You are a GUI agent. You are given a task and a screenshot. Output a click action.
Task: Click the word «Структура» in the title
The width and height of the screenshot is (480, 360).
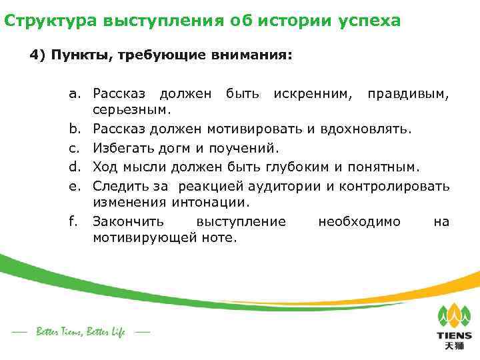click(51, 21)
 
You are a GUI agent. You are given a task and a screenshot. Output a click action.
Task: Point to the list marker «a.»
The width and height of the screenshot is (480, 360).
click(75, 94)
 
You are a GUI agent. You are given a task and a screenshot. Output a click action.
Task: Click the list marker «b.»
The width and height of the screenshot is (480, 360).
click(75, 127)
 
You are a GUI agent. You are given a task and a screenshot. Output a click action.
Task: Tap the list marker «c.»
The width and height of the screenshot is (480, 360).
click(75, 147)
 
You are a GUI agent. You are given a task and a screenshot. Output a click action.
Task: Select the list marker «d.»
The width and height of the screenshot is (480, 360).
click(75, 165)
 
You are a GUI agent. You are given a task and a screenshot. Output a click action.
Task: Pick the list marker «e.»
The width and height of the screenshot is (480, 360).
click(75, 185)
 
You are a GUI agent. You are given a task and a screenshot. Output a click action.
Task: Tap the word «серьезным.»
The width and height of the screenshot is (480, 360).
click(131, 108)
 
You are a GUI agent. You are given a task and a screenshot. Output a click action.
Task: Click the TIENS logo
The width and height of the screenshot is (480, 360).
click(453, 327)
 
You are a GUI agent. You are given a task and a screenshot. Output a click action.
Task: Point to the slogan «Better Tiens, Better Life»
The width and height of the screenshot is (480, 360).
click(80, 332)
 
